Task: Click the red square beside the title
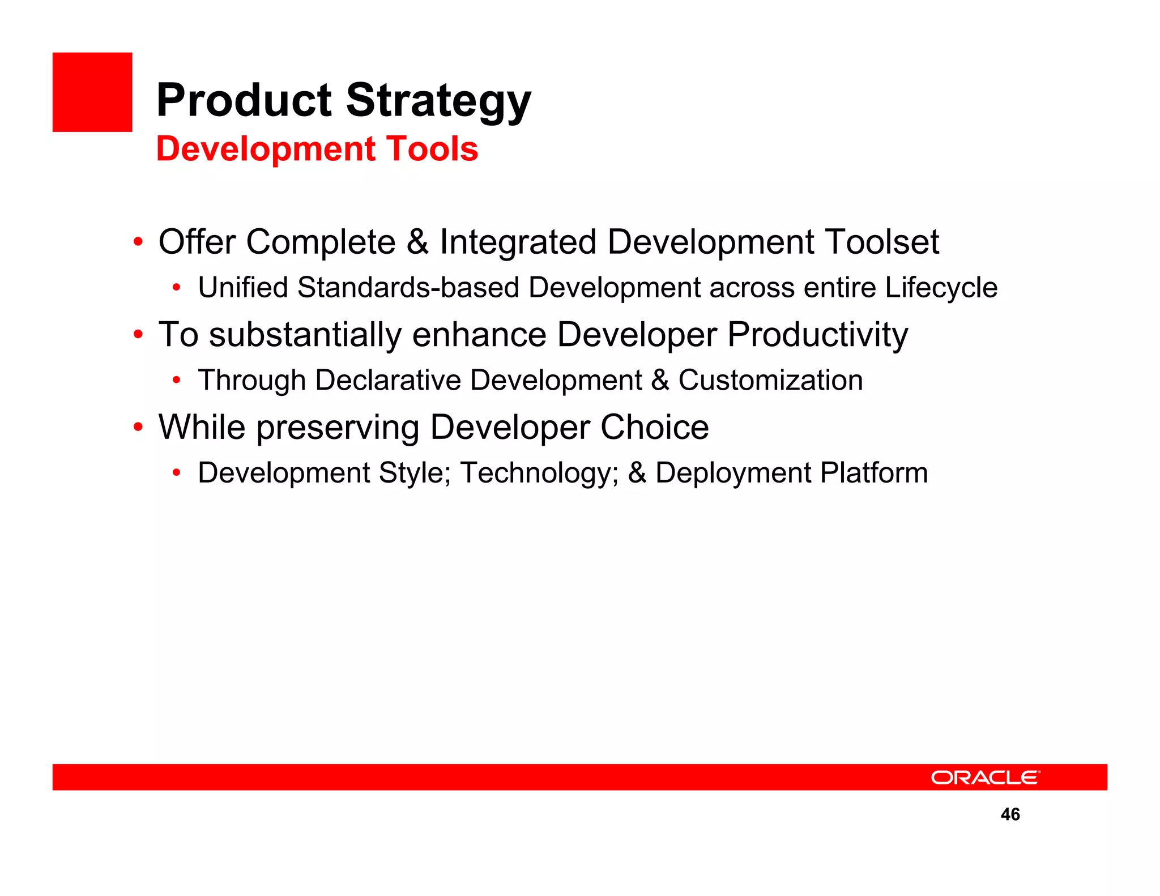(x=92, y=92)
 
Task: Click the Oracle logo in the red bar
(x=985, y=777)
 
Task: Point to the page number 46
(x=1010, y=814)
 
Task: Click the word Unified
(x=243, y=287)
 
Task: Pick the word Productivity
(x=817, y=335)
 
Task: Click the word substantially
(x=305, y=335)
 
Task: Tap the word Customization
(x=770, y=380)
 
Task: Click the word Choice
(x=654, y=427)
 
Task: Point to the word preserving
(x=338, y=428)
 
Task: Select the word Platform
(x=874, y=472)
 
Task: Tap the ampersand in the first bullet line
(x=417, y=242)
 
